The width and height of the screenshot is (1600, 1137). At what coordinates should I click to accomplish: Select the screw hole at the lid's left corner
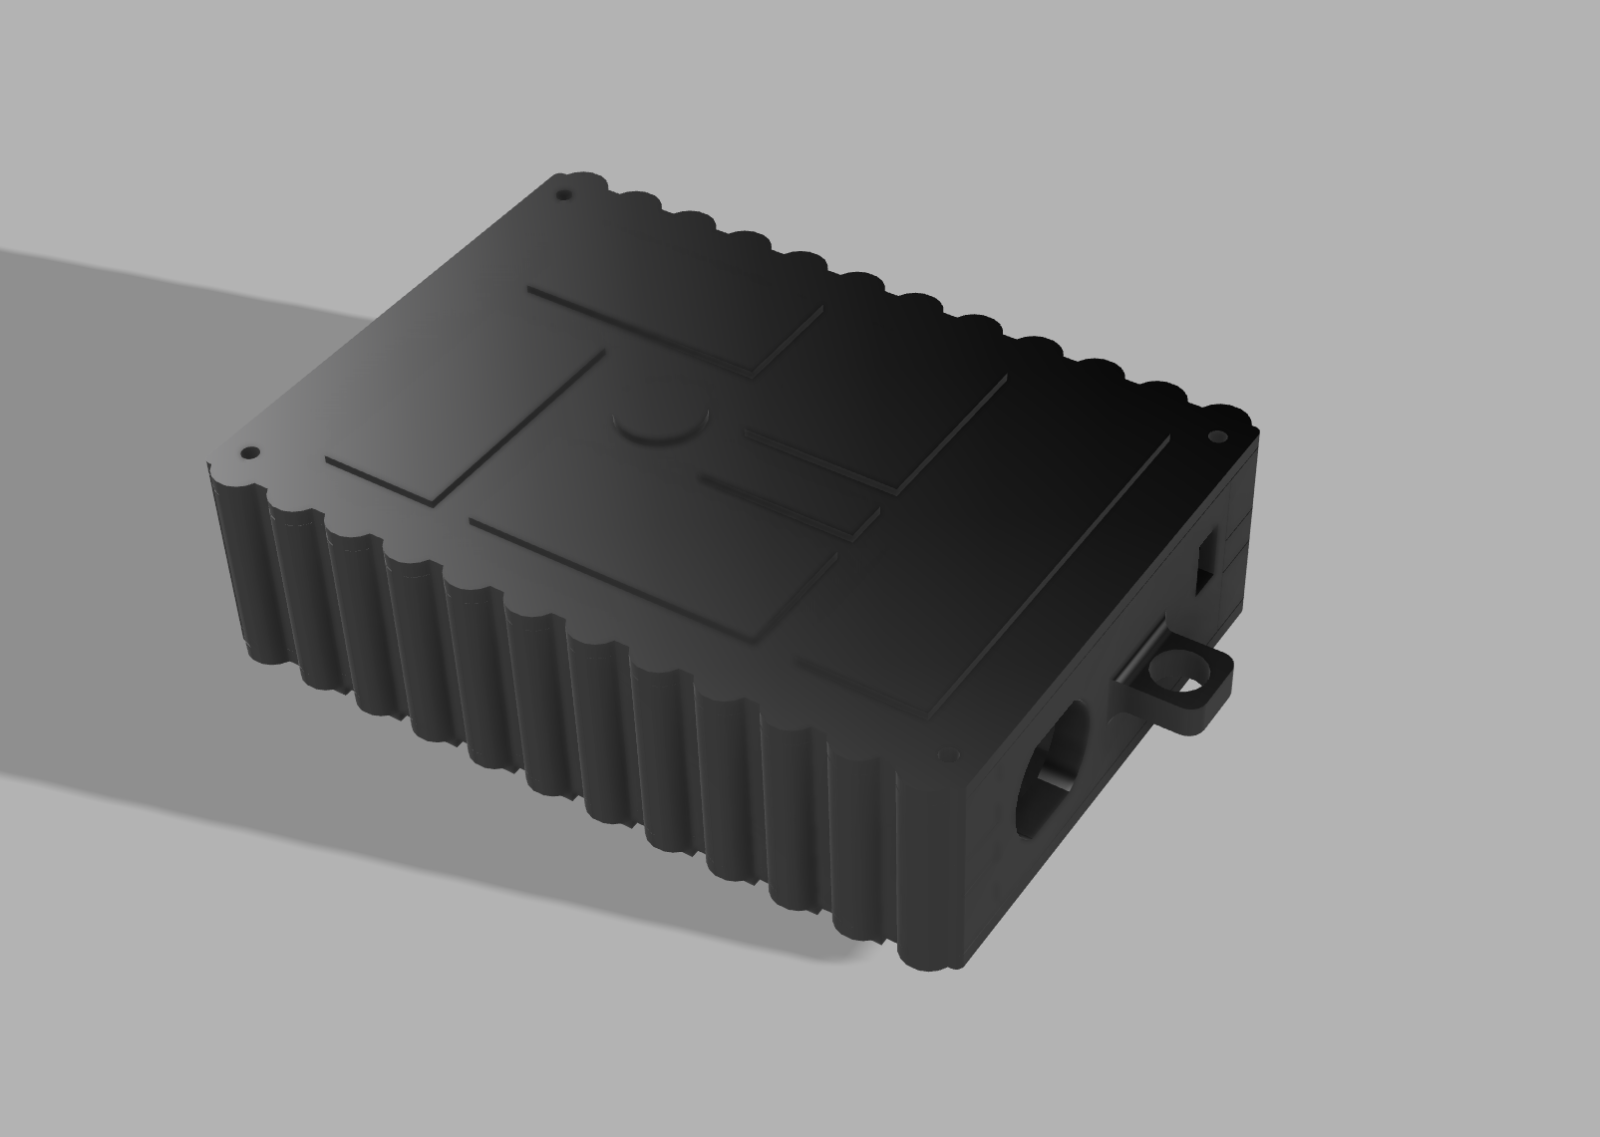250,453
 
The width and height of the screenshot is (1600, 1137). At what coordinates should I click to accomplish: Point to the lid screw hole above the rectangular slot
1217,437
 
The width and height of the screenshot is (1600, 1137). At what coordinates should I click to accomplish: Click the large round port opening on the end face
1051,768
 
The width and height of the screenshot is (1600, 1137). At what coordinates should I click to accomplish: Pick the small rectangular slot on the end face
1207,563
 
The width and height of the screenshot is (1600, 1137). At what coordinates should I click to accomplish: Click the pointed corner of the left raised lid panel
604,351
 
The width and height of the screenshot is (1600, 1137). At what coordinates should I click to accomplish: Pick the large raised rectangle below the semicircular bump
648,538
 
